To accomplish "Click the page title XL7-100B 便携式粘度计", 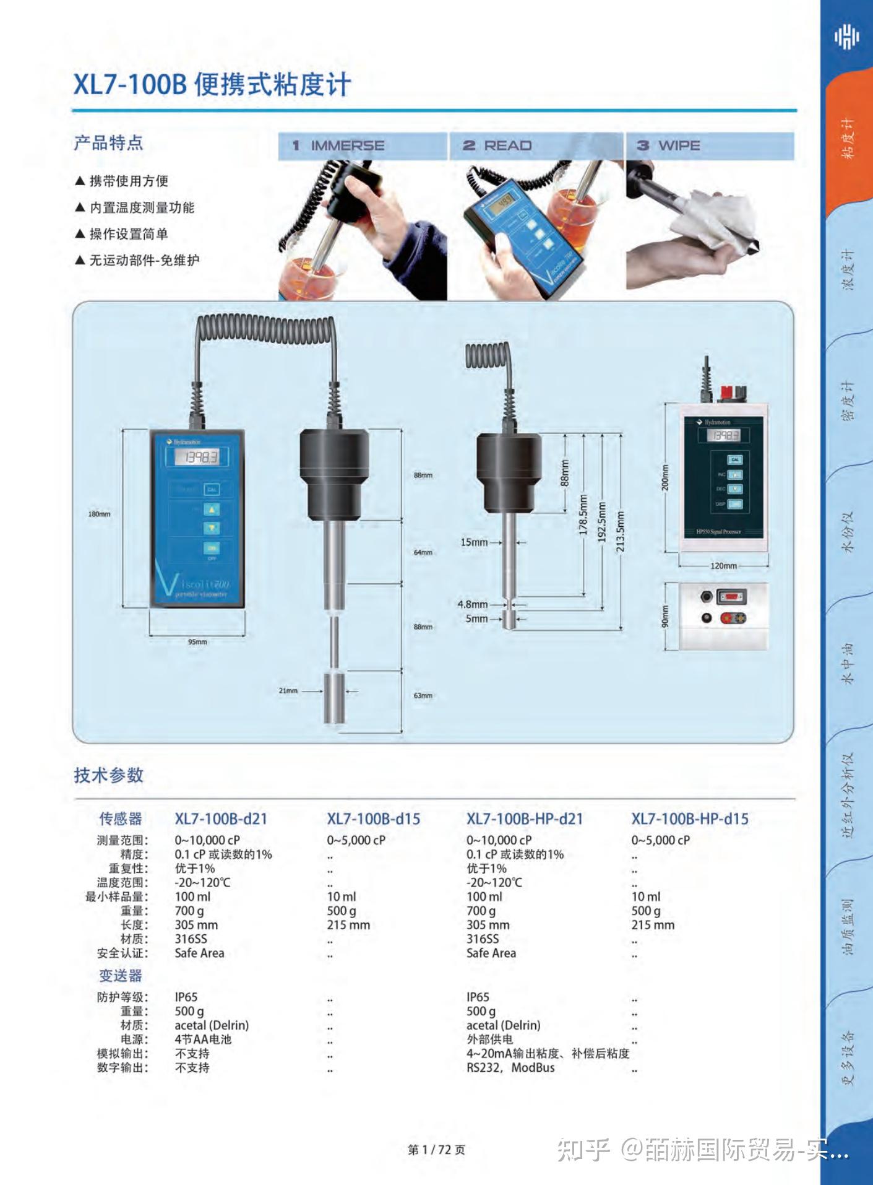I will point(212,85).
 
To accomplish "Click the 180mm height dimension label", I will point(99,514).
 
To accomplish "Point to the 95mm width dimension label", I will point(197,642).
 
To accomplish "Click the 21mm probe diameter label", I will point(288,690).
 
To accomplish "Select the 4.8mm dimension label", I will point(473,604).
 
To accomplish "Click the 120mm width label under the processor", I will point(723,566).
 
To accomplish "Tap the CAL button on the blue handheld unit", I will point(212,489).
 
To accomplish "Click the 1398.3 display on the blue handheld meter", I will point(197,458).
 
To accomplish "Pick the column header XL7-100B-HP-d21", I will point(525,818).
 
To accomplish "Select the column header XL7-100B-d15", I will point(373,818).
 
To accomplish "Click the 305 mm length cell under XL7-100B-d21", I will point(196,925).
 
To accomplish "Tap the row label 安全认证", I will point(122,953).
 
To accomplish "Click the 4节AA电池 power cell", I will point(203,1040).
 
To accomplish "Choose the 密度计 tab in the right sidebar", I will point(848,401).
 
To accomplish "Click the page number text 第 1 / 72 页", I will point(436,1150).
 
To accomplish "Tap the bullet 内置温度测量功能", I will point(142,208).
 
